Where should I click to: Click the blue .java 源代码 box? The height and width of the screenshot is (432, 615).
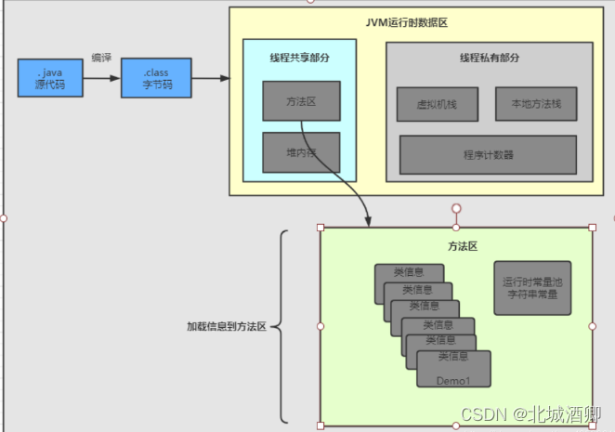(48, 77)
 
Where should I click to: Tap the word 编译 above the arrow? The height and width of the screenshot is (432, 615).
(102, 57)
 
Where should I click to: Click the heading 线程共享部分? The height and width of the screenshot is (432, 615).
(299, 57)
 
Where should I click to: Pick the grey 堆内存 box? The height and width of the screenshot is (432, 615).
(301, 152)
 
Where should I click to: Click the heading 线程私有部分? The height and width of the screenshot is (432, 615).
(489, 58)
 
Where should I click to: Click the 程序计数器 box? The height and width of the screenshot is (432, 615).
(488, 154)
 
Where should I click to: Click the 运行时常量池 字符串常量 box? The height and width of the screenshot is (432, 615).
(532, 287)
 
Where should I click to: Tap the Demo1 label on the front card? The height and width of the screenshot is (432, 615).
(453, 380)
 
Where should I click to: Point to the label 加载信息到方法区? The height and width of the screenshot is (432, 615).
(227, 327)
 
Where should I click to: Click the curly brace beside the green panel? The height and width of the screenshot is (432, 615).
(283, 327)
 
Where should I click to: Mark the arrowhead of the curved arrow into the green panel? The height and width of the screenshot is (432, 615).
(368, 221)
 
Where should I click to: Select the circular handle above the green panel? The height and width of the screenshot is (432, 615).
(456, 208)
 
